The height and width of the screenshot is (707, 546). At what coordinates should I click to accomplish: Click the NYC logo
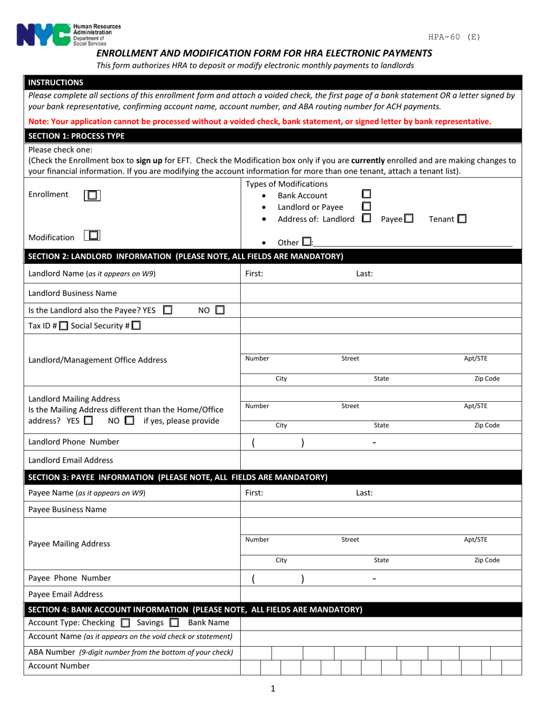pos(43,34)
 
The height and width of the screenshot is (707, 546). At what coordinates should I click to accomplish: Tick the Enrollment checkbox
pos(92,195)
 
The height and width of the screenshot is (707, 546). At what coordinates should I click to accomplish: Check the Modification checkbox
pos(92,236)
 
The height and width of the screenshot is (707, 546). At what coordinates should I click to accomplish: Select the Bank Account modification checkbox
pos(366,194)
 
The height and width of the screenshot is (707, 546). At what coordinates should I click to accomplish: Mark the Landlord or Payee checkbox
pos(366,206)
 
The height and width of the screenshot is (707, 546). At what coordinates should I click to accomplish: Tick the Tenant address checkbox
pos(462,218)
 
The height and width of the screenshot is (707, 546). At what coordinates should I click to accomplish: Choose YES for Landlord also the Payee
pos(168,310)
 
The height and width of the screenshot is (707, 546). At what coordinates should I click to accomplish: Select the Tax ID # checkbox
pos(64,326)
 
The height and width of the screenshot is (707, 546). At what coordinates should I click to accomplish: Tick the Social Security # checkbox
pos(136,326)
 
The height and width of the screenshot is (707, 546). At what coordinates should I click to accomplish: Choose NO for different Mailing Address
pos(129,420)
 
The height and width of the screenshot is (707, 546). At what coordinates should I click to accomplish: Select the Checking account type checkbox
pos(125,623)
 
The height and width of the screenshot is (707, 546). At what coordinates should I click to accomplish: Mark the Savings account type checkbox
pos(174,623)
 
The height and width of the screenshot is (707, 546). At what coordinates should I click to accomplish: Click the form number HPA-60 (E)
pos(454,37)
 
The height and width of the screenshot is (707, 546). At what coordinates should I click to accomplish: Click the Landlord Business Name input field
pos(380,293)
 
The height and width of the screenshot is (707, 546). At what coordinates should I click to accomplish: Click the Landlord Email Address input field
pos(380,460)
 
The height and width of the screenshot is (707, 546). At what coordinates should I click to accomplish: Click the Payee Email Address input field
pos(380,594)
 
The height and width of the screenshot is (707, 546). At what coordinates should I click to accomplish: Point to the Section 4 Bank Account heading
pos(195,609)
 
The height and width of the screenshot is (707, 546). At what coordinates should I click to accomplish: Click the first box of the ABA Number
pos(256,652)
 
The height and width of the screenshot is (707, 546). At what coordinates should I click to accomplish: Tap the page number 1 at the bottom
pos(272,688)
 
